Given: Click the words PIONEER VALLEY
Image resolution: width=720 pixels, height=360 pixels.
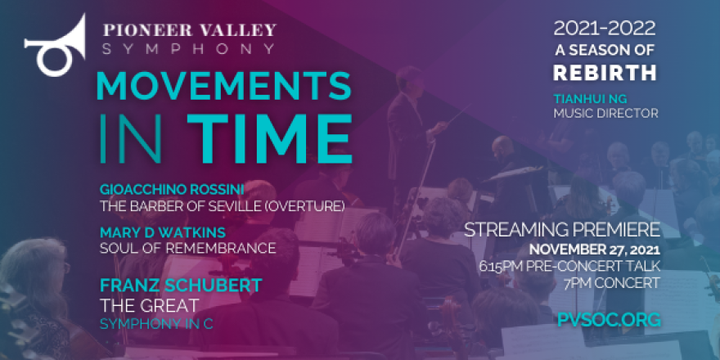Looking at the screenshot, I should (x=188, y=31).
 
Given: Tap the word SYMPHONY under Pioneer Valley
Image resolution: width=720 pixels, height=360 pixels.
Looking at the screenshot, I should (x=188, y=49).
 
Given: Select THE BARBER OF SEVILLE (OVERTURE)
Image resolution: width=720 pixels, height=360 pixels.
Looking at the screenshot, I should (x=221, y=204).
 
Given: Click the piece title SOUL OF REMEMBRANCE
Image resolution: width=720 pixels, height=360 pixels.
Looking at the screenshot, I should (x=187, y=247).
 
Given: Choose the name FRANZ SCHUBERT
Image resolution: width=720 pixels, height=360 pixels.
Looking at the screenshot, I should (x=180, y=286).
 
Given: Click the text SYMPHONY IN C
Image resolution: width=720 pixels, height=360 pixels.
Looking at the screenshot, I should (x=156, y=324).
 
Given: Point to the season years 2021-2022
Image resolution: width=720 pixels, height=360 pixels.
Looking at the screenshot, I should (x=605, y=29).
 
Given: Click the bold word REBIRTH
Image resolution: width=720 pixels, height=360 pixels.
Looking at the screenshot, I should (x=605, y=73).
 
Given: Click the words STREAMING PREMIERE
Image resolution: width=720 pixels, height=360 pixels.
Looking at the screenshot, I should (x=562, y=229).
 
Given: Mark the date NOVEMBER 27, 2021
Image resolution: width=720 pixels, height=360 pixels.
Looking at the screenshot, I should (x=594, y=249).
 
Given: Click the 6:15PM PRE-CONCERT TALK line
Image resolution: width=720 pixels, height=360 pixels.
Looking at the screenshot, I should (x=595, y=266).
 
